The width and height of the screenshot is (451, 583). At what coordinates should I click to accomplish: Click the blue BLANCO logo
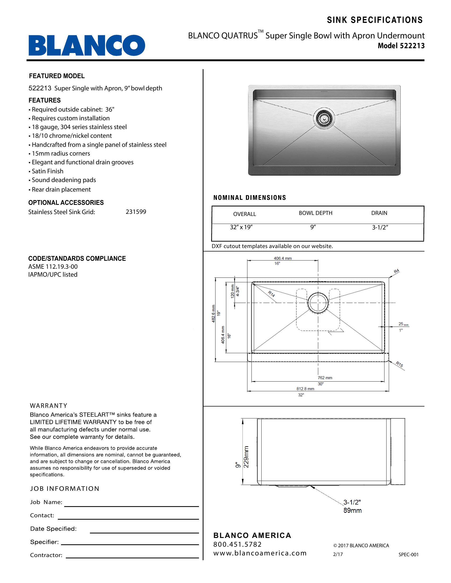point(87,45)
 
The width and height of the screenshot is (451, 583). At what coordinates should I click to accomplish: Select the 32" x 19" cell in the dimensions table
point(241,227)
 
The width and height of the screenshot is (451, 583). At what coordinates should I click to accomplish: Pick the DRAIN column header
point(379,213)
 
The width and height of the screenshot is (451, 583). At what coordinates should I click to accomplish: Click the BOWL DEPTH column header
point(315,213)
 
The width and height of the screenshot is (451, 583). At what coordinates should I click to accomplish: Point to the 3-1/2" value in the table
point(380,227)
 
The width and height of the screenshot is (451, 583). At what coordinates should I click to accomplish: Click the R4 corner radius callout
point(397,271)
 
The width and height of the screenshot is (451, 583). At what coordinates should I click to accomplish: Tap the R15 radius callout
point(399,364)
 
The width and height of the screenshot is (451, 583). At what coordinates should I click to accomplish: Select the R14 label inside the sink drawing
point(271,294)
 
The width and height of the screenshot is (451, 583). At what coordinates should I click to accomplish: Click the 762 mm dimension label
point(325,378)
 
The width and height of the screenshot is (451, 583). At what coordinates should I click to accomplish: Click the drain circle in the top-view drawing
point(318,303)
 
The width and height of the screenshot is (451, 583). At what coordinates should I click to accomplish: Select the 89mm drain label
point(352,511)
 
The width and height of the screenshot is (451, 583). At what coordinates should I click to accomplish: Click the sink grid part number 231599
point(136,212)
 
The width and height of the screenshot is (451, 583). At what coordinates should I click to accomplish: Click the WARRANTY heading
point(49,406)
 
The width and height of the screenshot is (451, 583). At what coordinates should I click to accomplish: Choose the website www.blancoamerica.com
point(260,553)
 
